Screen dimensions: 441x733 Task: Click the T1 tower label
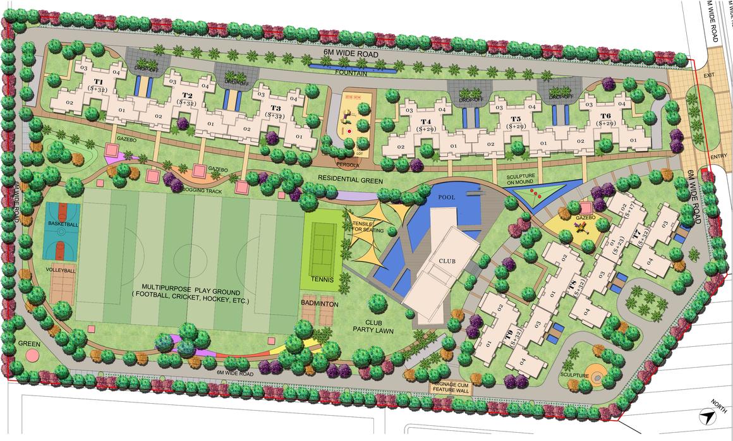[99, 83]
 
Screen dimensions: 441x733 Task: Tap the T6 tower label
[605, 116]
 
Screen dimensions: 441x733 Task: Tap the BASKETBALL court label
[63, 224]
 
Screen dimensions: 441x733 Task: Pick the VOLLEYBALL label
[61, 270]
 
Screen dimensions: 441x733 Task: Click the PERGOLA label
[347, 164]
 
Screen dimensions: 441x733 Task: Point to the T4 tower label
[426, 121]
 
